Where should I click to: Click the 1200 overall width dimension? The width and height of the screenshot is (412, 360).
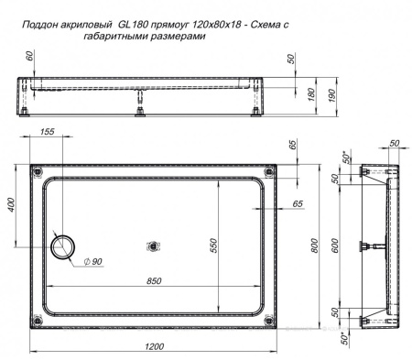click(153, 345)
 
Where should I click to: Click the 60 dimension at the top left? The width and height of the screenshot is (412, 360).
click(31, 58)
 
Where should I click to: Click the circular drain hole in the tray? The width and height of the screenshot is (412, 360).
click(65, 245)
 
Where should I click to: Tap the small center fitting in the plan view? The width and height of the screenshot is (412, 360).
click(153, 245)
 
